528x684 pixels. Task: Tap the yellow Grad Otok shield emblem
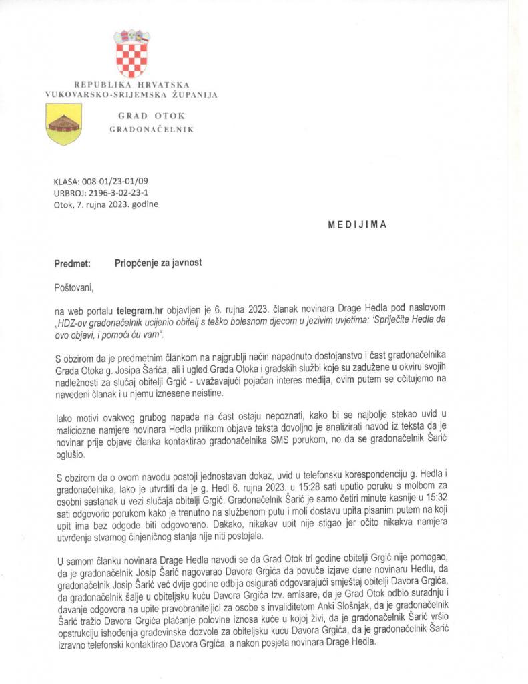[63, 124]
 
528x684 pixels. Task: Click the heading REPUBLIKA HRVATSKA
[131, 85]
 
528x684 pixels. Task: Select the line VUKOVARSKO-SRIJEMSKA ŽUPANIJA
[131, 96]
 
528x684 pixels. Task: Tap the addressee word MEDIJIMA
[357, 225]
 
